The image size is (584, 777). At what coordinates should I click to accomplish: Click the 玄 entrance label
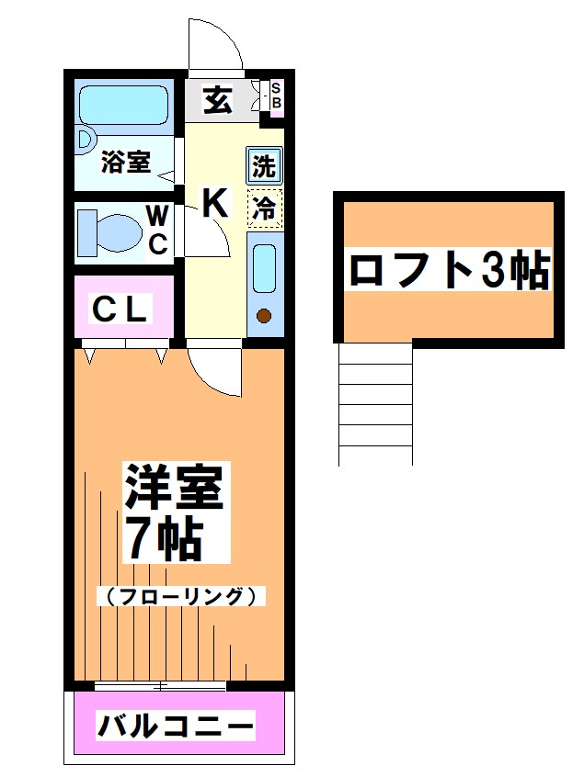point(217,98)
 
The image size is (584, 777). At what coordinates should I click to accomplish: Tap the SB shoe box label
point(275,96)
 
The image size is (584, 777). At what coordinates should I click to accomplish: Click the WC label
point(158,231)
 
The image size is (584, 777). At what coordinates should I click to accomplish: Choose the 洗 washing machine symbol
point(264,167)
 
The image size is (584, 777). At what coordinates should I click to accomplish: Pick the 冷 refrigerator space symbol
point(264,208)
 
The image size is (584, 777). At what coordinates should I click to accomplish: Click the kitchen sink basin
point(264,268)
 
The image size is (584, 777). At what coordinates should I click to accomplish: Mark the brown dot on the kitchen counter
point(264,318)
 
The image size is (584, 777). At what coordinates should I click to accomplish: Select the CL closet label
point(120,310)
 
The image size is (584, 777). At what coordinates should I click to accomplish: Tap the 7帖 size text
point(164,541)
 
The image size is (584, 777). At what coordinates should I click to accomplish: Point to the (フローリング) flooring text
point(181,596)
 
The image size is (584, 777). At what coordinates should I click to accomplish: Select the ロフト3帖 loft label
point(448,270)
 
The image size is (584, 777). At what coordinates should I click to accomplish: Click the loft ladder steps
point(375,404)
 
